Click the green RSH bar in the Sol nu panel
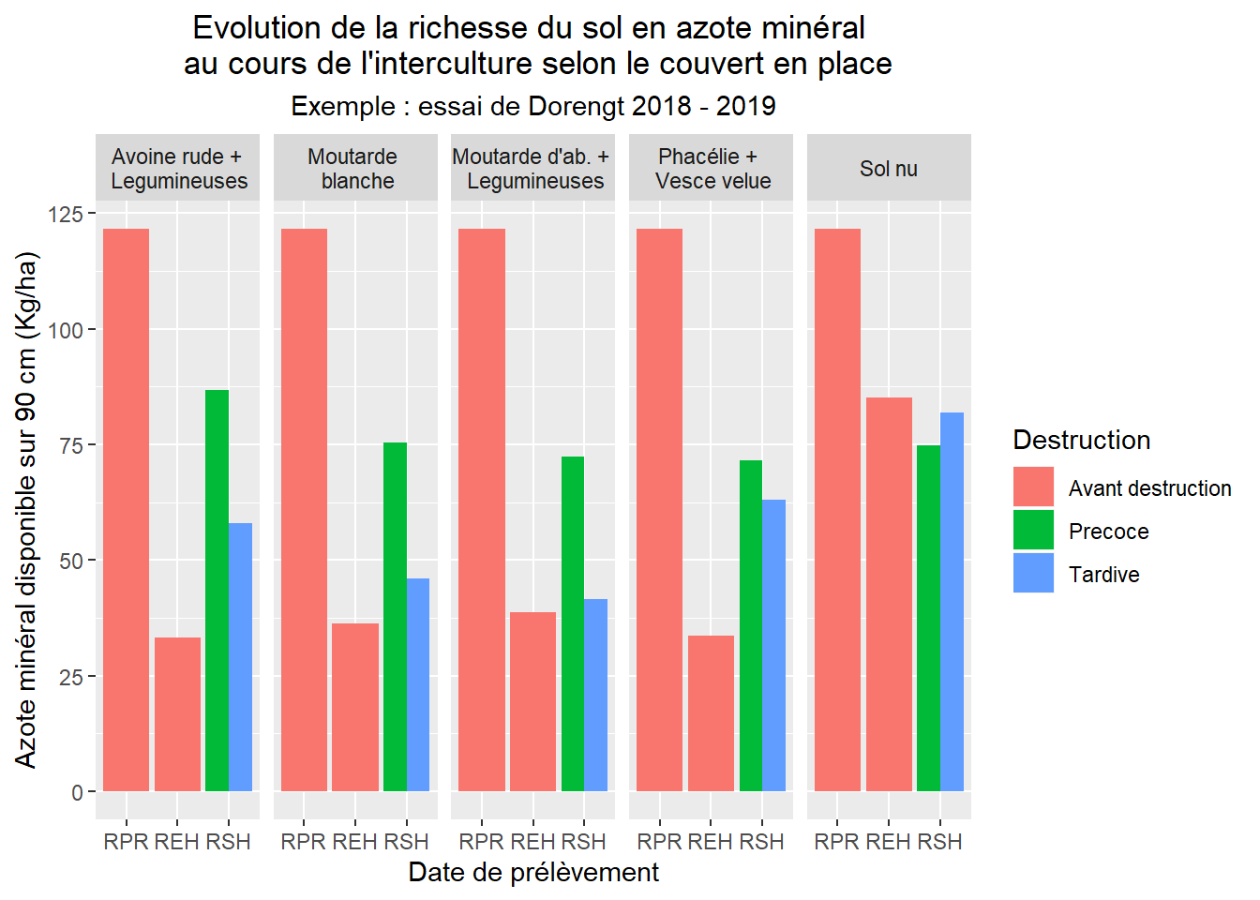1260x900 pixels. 928,619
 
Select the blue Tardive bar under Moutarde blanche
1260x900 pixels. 418,684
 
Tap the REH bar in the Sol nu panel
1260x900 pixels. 889,594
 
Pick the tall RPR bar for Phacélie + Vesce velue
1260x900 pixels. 659,510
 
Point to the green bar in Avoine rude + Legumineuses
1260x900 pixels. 217,591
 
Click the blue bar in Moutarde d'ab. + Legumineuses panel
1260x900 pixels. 596,695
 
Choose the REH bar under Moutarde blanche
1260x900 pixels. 355,707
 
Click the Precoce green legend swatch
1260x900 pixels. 1033,531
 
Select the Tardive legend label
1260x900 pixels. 1103,575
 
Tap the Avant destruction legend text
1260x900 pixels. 1149,488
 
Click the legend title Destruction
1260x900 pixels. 1081,441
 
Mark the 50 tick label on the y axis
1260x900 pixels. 71,561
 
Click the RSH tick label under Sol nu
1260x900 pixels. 939,842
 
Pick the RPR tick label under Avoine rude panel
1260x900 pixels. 126,842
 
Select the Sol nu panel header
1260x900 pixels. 889,169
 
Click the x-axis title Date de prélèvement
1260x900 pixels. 533,873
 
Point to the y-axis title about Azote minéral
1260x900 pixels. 26,510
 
